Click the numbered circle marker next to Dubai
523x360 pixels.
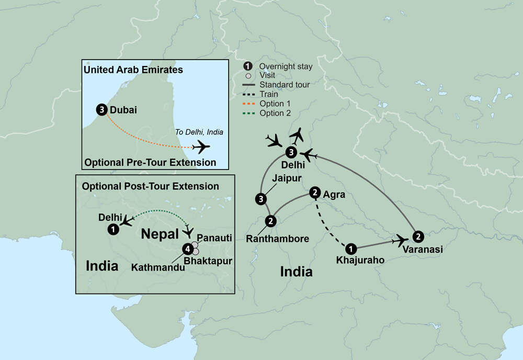101,110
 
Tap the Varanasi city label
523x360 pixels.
422,250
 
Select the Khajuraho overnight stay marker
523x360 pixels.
351,249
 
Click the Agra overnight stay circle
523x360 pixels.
315,193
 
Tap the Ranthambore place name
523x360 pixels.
278,239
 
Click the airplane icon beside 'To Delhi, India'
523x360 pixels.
201,147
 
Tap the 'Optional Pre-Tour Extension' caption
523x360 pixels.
149,163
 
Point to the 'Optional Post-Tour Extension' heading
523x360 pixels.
151,186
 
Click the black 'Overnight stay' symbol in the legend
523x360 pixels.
248,66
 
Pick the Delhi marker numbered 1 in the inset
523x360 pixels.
112,229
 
